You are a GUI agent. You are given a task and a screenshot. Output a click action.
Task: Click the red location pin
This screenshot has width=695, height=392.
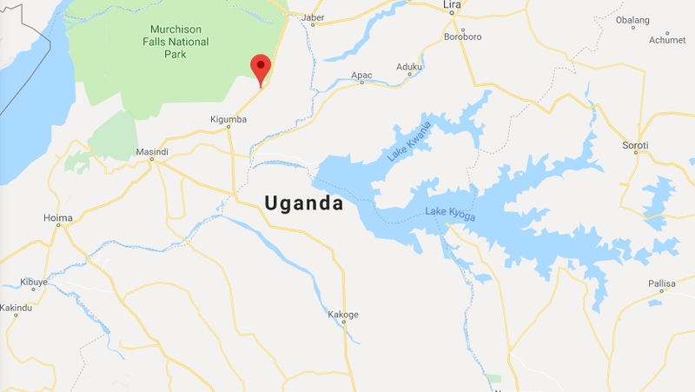(261, 68)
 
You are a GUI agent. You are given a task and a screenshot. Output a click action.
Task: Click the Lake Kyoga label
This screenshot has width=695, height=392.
(451, 213)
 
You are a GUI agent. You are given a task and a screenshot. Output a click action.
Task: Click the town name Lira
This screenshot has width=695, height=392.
(452, 5)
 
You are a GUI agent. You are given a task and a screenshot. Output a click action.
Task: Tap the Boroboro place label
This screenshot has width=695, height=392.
(462, 37)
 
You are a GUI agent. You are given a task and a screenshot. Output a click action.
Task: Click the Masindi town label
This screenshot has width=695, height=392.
(152, 152)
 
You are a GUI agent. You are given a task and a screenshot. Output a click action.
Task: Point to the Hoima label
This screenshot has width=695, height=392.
(58, 217)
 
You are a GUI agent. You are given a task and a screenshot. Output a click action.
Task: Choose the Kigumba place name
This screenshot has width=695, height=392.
(229, 119)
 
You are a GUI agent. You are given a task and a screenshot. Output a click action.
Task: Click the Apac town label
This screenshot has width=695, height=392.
(361, 76)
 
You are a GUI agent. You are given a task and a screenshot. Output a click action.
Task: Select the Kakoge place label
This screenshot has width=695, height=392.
(343, 314)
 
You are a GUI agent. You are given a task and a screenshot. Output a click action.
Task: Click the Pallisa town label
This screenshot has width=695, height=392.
(661, 284)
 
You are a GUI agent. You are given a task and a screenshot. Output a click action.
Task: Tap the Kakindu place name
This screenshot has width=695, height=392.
(16, 308)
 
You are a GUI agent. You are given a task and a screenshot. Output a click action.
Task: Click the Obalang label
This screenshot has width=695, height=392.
(632, 19)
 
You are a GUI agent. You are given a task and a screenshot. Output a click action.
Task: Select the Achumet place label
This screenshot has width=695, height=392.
(666, 40)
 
